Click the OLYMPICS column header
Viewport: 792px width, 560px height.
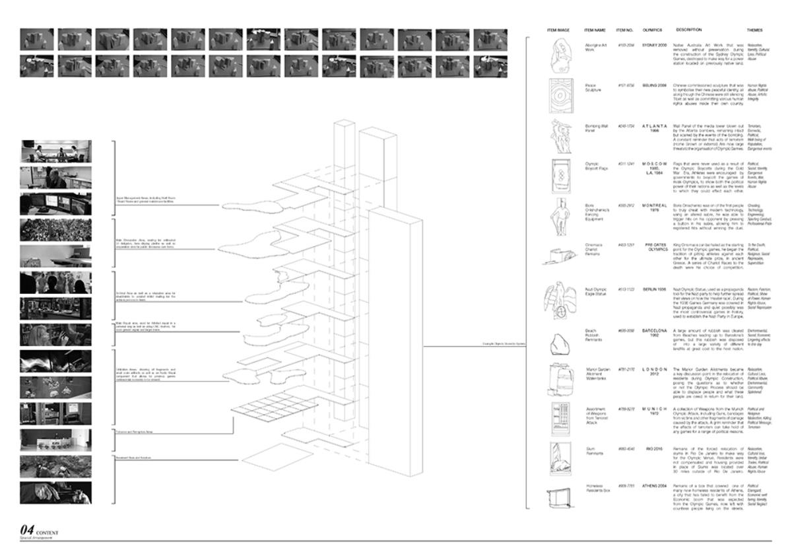651,30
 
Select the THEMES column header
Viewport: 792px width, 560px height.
754,30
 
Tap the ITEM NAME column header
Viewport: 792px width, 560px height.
595,30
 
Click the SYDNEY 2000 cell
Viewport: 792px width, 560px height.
654,45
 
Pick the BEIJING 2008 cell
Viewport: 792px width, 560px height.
654,85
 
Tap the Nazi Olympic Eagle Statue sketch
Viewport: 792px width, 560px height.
558,301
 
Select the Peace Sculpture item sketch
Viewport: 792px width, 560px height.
558,98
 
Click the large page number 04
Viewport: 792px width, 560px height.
27,530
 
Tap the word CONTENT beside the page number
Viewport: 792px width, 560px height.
48,532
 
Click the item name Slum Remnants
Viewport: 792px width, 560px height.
595,452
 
